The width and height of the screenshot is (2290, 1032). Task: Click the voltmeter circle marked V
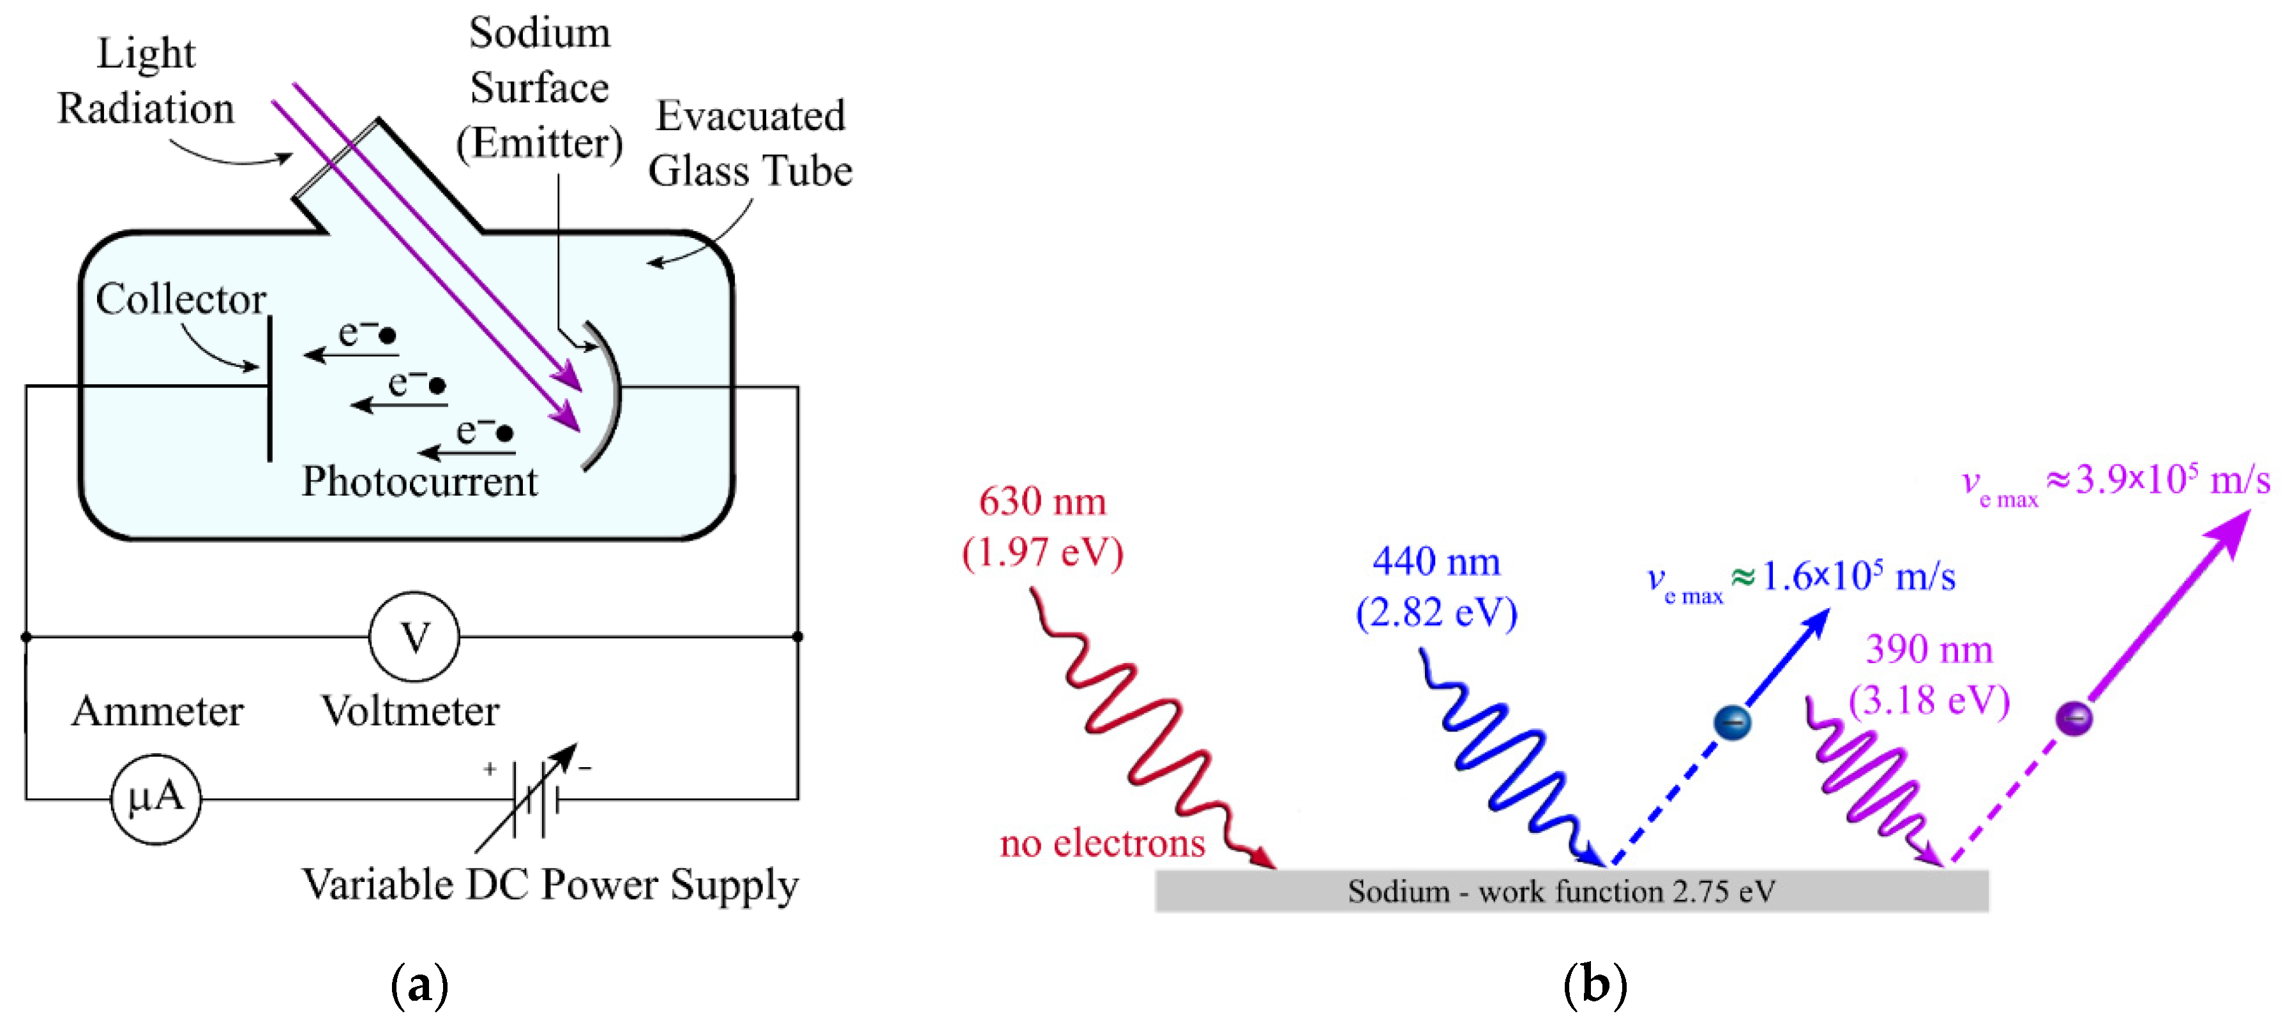(x=414, y=636)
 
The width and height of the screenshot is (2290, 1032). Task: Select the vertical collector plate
(x=269, y=389)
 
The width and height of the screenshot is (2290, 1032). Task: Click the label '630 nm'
(x=1042, y=502)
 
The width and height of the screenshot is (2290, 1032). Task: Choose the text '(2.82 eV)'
(x=1436, y=613)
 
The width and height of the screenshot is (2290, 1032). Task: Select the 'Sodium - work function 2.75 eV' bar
(x=1571, y=891)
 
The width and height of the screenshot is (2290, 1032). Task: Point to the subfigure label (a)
(x=419, y=985)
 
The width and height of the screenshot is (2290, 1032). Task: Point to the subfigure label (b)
(x=1595, y=985)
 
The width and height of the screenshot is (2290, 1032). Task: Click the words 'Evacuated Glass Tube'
(x=750, y=143)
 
